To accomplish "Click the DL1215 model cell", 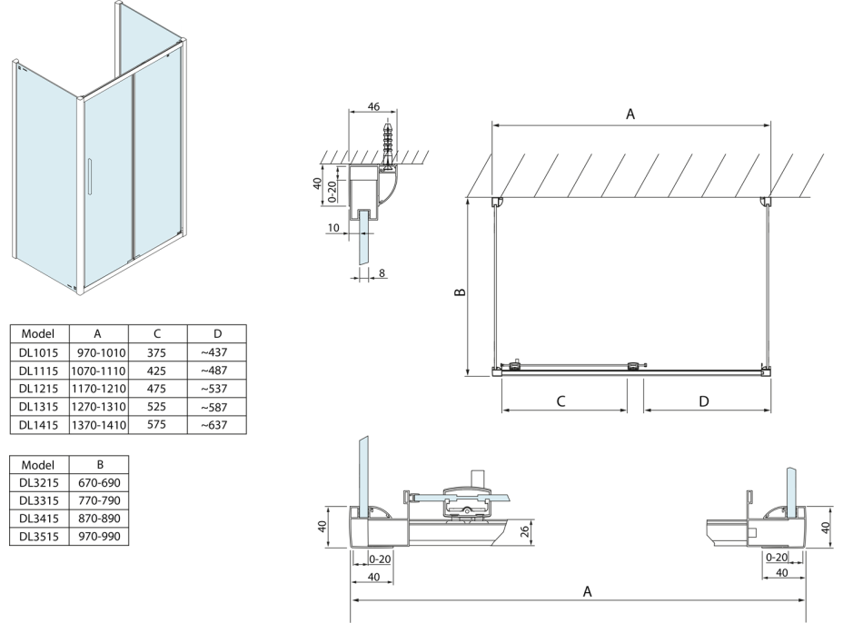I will [x=38, y=388].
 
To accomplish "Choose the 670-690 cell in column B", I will [x=100, y=482].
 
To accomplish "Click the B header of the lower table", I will [x=100, y=464].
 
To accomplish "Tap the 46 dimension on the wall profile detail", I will [x=372, y=107].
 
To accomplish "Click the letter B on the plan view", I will [x=460, y=292].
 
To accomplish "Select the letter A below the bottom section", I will [x=588, y=591].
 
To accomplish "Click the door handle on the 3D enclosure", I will [x=90, y=176].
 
